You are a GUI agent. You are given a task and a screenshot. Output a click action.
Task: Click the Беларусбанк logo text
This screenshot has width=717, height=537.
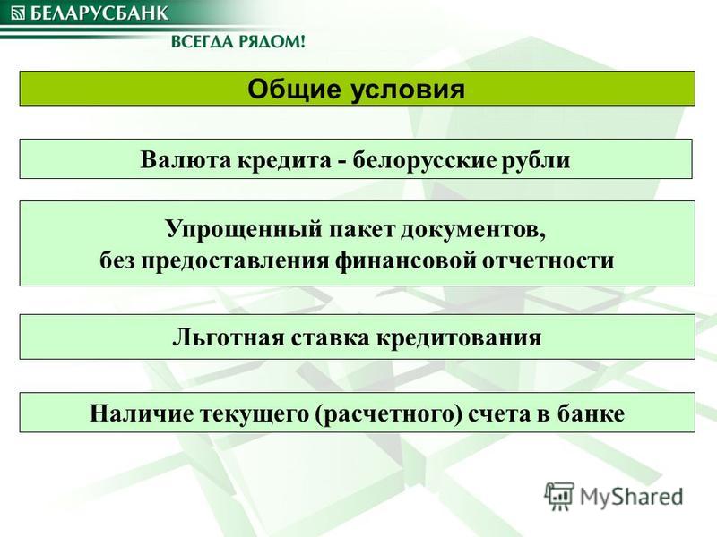[99, 13]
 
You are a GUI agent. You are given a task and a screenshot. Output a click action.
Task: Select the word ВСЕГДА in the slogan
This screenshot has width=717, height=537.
[208, 42]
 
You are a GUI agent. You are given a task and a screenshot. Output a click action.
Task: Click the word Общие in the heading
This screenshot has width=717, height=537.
[294, 90]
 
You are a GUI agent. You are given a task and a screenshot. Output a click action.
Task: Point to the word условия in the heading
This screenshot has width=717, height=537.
[408, 89]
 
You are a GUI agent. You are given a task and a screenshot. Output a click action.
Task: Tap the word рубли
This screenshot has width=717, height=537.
[536, 161]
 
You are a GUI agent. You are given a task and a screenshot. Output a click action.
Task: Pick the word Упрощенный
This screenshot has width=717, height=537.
[244, 229]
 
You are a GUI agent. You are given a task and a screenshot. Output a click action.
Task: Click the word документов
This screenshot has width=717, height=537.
[473, 230]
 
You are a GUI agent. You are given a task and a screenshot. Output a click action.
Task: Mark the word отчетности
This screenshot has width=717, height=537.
[549, 260]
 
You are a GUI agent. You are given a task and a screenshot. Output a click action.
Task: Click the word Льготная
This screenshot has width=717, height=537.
[229, 338]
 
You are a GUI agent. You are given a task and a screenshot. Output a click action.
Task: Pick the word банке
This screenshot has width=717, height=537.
[592, 413]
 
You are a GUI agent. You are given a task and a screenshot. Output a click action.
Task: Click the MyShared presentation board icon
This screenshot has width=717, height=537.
[558, 496]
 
